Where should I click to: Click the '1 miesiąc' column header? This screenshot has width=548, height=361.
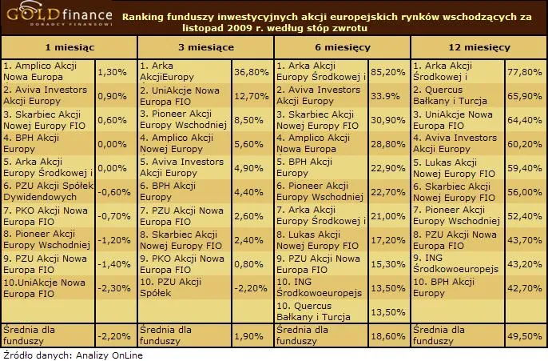click(69, 48)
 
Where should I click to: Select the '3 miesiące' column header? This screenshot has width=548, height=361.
click(206, 48)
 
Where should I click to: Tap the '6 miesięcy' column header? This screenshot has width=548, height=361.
click(343, 48)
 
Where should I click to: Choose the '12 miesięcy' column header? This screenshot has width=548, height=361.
click(479, 48)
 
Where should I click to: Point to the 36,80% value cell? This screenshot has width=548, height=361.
click(248, 72)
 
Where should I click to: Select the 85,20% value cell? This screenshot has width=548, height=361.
click(385, 72)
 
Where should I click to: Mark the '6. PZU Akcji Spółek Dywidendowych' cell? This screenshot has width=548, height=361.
click(47, 192)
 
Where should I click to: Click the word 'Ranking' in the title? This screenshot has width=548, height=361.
click(146, 15)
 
